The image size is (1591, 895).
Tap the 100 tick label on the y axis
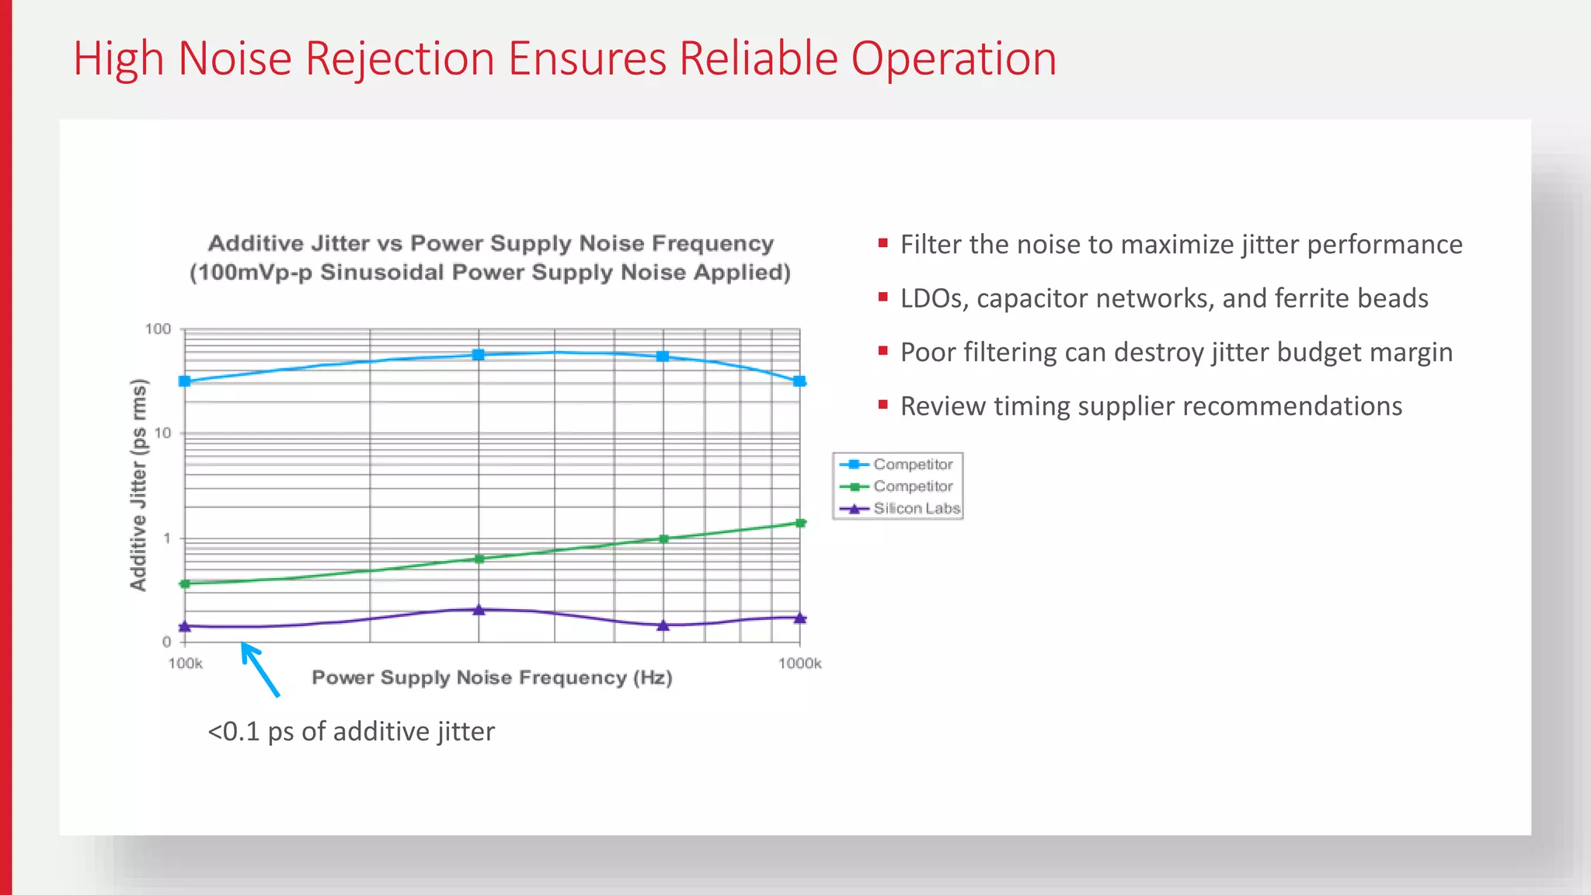click(x=158, y=329)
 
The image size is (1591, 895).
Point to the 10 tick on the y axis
click(x=163, y=434)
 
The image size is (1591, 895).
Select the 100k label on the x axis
click(x=185, y=663)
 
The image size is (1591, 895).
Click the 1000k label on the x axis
click(x=799, y=663)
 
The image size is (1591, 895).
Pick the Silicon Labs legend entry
click(x=916, y=509)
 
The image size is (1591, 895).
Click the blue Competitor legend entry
click(x=912, y=465)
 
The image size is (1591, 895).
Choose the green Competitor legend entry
click(x=912, y=486)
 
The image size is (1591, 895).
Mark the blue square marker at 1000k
click(x=799, y=381)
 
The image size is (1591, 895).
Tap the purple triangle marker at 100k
click(x=185, y=626)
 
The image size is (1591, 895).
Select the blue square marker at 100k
click(x=185, y=381)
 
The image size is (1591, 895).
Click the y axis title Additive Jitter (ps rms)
click(x=138, y=485)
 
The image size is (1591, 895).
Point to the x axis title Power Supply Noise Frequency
click(x=491, y=678)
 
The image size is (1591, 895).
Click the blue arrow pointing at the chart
click(x=259, y=668)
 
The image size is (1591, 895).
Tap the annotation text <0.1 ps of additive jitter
click(x=351, y=732)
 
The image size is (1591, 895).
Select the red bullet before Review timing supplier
click(x=883, y=405)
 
